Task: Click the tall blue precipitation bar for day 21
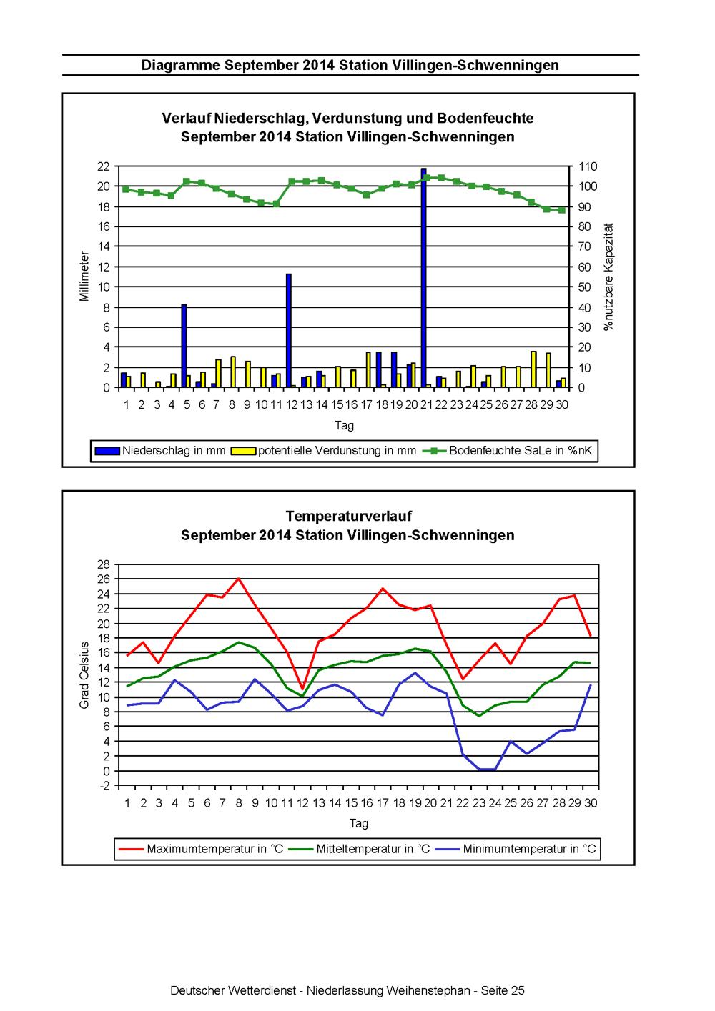tap(423, 277)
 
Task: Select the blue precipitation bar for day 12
tap(288, 330)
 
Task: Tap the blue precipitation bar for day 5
tap(184, 346)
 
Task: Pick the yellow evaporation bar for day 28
tap(533, 369)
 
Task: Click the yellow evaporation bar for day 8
tap(233, 372)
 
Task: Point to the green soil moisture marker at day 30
tap(561, 210)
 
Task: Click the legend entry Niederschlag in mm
tap(160, 450)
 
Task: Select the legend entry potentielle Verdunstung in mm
tap(323, 450)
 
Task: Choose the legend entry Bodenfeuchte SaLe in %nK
tap(508, 450)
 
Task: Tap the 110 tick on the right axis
tap(588, 166)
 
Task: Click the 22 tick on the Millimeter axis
tap(104, 166)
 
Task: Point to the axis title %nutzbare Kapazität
tap(608, 277)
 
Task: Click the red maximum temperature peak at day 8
tap(239, 578)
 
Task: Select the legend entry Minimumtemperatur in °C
tap(516, 849)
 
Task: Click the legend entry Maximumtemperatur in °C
tap(201, 849)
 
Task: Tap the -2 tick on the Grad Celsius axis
tap(105, 786)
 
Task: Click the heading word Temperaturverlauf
tap(349, 516)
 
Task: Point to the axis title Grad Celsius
tap(84, 674)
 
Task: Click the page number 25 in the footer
tap(517, 990)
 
